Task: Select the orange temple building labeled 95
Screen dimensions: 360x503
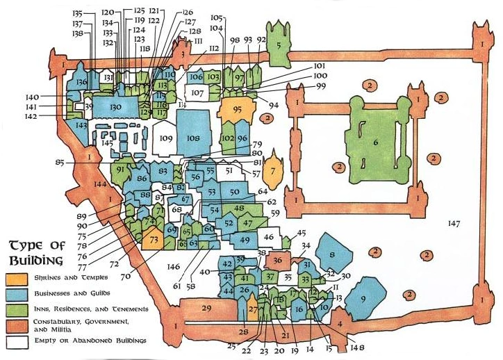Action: click(x=238, y=109)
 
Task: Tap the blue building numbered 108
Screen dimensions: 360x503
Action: click(x=192, y=137)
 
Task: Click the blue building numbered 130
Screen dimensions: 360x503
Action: click(x=115, y=107)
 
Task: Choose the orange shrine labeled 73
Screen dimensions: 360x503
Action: click(x=154, y=240)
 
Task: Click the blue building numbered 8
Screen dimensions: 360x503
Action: click(x=332, y=253)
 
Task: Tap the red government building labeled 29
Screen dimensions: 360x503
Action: click(x=206, y=309)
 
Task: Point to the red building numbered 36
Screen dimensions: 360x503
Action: click(x=278, y=261)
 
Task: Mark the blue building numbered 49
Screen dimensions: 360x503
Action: click(x=245, y=240)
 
